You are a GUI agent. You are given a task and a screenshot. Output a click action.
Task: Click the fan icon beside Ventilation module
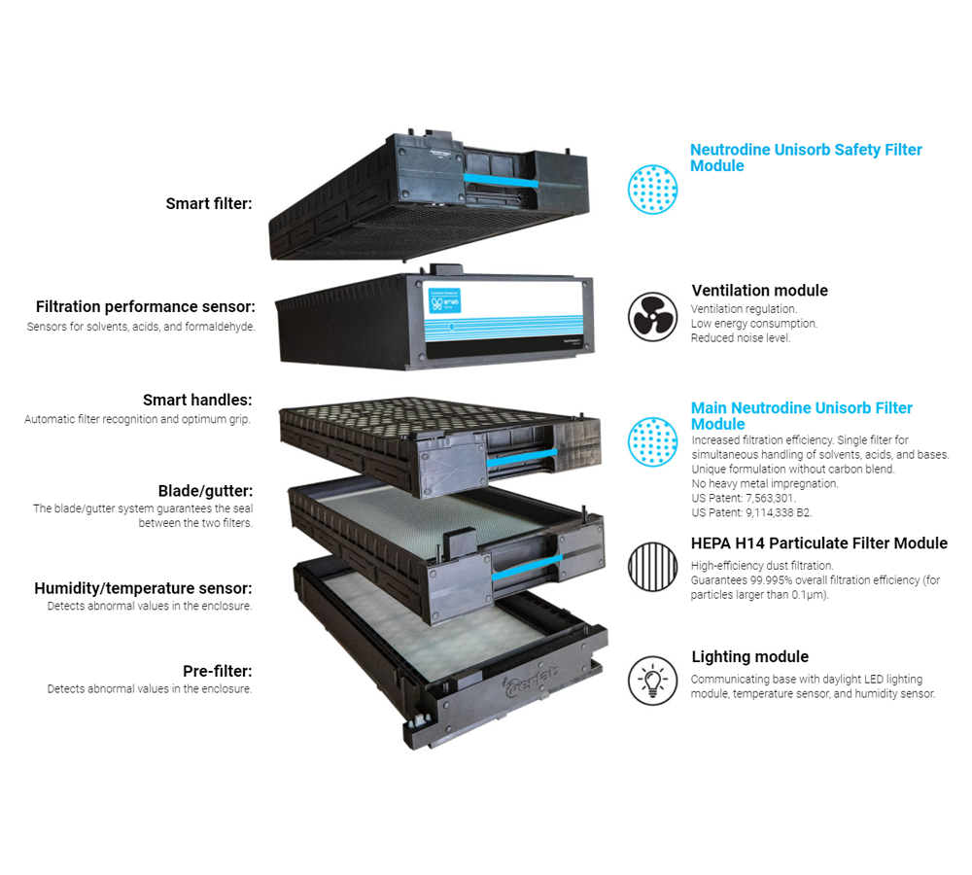[x=652, y=317]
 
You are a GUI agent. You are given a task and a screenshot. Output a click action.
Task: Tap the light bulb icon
[x=652, y=681]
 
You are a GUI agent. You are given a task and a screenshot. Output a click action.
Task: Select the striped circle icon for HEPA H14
[x=652, y=566]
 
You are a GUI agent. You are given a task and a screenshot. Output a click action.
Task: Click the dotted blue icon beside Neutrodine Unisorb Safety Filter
[x=652, y=190]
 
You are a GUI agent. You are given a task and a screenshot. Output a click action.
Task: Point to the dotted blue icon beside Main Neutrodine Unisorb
[x=652, y=441]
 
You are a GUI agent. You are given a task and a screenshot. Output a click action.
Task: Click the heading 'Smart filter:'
[x=209, y=203]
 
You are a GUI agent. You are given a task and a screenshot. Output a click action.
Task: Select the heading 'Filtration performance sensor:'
[x=146, y=306]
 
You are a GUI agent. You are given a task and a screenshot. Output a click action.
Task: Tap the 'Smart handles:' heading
[x=197, y=400]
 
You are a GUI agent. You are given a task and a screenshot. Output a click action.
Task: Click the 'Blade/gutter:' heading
[x=206, y=491]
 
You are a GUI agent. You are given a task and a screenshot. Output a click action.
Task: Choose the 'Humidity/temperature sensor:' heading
[x=143, y=588]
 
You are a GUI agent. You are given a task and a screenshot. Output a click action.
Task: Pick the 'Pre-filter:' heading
[x=218, y=671]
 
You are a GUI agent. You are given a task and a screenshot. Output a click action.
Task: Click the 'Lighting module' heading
[x=750, y=656]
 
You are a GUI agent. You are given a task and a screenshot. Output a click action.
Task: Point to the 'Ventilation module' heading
[x=759, y=291]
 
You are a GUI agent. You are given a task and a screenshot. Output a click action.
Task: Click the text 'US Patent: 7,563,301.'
[x=744, y=498]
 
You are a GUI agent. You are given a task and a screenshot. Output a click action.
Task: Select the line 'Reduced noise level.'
[x=741, y=338]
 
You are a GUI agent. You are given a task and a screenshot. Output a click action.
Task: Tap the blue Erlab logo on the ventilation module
[x=444, y=300]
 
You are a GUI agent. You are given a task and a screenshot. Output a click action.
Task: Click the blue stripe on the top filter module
[x=501, y=180]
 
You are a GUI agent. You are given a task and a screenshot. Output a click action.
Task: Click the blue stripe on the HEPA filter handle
[x=527, y=568]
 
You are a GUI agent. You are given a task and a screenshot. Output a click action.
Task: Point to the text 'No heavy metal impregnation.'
[x=765, y=484]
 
